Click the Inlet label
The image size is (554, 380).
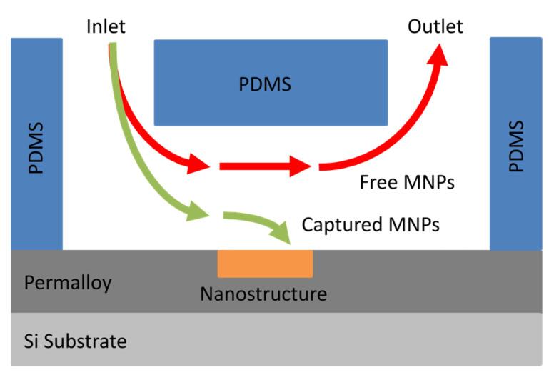tap(106, 27)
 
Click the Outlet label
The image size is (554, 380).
tap(435, 27)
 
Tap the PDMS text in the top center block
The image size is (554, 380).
tap(264, 84)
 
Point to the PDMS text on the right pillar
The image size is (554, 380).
tap(516, 146)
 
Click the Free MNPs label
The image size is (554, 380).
tap(407, 183)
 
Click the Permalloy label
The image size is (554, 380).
tap(68, 283)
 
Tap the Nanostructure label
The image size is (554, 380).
tap(263, 294)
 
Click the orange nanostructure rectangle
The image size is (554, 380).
tap(265, 263)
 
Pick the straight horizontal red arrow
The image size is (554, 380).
tap(264, 166)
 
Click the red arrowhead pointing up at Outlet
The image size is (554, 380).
tap(438, 56)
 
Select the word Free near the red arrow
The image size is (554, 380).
tap(377, 183)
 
